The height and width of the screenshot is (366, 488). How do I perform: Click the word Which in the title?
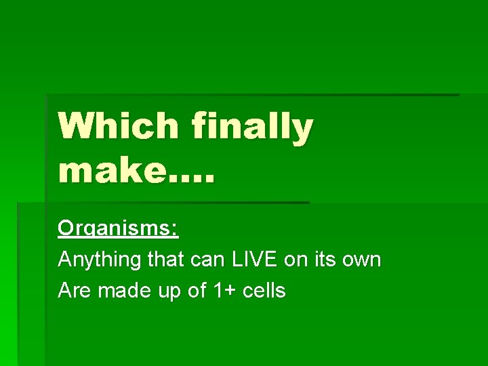[118, 127]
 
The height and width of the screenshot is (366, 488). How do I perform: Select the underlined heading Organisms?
[118, 228]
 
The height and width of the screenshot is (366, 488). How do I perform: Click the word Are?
[75, 291]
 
